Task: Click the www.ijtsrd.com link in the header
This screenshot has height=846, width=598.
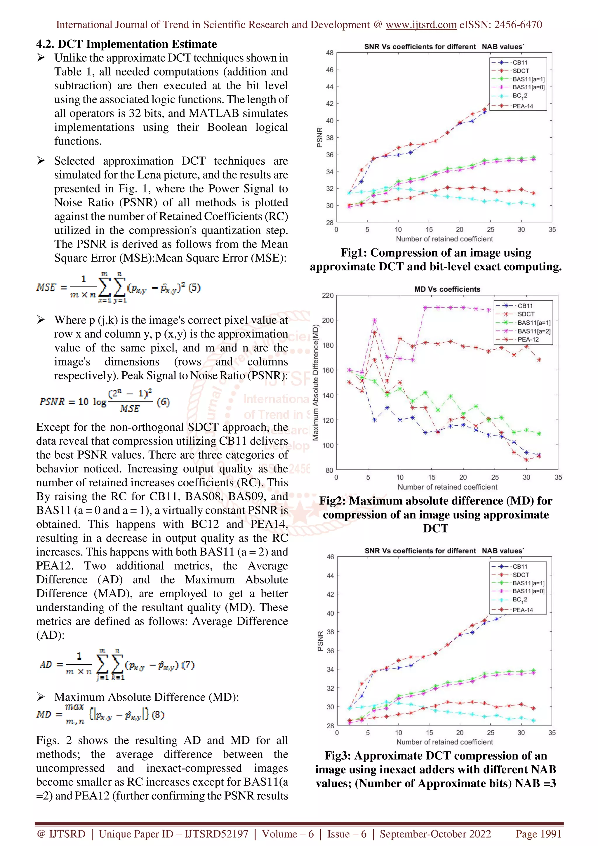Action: [421, 25]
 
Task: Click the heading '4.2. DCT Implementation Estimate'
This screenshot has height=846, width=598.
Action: [126, 44]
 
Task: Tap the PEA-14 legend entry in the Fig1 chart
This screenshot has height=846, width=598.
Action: [522, 106]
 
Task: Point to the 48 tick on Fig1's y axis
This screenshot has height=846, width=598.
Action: [329, 53]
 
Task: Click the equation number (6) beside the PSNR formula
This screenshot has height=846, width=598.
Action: [163, 402]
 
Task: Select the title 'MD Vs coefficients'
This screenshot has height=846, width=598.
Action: [447, 289]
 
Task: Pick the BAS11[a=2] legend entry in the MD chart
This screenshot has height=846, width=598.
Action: [533, 331]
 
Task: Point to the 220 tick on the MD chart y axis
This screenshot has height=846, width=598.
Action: [328, 295]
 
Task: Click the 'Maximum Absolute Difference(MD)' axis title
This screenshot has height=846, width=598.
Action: [315, 382]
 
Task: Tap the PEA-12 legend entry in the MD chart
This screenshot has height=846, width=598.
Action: [528, 339]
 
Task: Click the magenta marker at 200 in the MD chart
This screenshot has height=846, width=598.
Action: [375, 321]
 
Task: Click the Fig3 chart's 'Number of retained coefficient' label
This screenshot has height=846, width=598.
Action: [444, 742]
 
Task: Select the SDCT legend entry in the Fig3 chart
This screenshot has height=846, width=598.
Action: [520, 575]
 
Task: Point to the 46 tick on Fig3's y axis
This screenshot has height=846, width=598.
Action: [330, 557]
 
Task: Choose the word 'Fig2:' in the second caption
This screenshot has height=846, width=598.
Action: [332, 500]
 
